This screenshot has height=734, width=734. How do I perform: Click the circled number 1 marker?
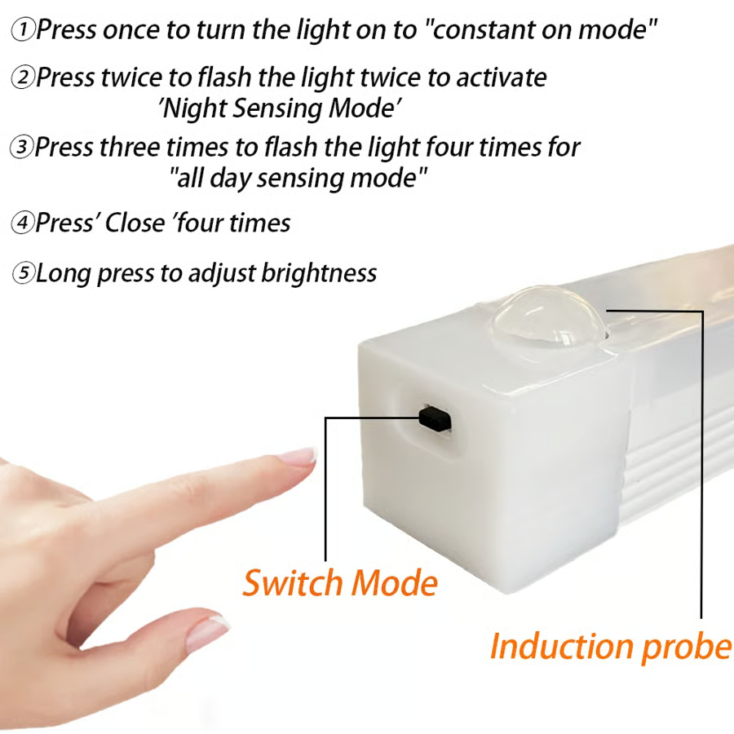(x=24, y=31)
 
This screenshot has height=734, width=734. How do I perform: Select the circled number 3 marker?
(x=21, y=148)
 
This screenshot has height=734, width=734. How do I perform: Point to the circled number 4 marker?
(x=22, y=223)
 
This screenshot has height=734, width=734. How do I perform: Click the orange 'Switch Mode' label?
(x=340, y=583)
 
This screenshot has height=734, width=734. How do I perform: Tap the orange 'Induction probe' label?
(x=610, y=646)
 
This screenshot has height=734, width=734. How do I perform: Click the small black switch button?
(x=436, y=418)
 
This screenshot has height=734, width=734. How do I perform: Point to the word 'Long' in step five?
(x=64, y=274)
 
